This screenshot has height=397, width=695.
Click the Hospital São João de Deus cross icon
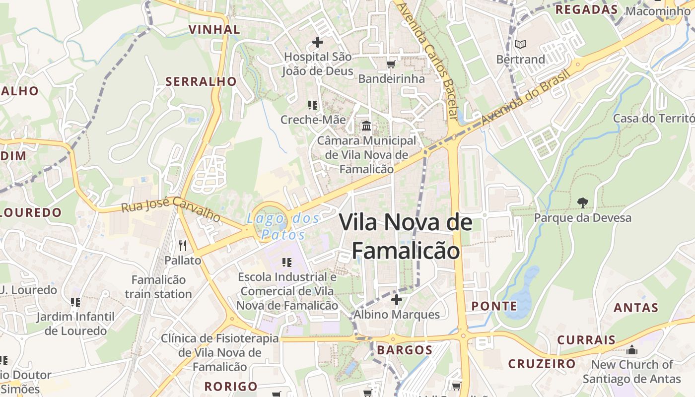pos(317,42)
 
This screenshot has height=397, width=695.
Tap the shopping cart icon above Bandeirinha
pos(391,64)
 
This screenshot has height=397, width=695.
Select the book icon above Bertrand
pos(520,45)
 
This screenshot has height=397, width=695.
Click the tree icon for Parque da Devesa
pos(583,202)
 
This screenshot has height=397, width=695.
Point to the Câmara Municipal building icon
pos(366,126)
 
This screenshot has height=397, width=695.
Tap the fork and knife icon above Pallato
pos(183,245)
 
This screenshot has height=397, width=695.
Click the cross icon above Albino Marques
pos(396,300)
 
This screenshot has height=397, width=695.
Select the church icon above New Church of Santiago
pos(631,350)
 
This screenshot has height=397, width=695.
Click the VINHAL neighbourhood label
pos(214,29)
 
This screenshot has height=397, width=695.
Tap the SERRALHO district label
pos(201,81)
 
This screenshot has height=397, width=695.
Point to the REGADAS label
pos(586,9)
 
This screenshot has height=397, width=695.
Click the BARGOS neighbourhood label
pos(405,350)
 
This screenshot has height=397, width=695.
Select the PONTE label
pos(494,306)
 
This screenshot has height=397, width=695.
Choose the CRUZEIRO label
pos(542,364)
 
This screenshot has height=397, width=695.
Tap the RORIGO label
pos(231,386)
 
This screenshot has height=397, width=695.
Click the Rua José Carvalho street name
pos(171,209)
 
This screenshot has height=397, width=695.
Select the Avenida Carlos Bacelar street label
pos(427,60)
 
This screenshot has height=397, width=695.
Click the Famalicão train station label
pos(158,287)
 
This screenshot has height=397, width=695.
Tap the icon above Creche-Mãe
pos(313,105)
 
